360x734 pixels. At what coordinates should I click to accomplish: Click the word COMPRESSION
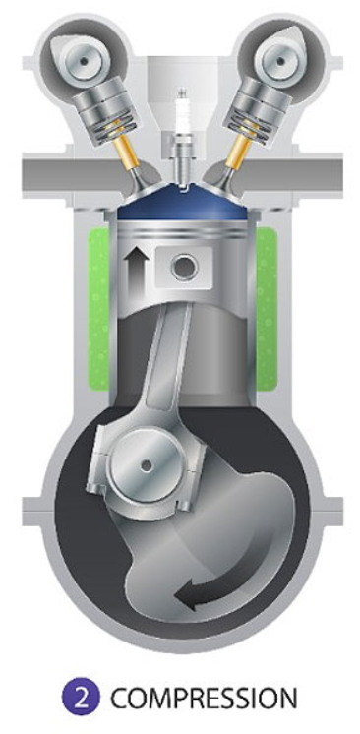click(204, 698)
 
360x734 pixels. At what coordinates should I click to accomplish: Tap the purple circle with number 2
click(81, 698)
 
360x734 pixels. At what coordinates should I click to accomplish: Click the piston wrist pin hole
click(184, 268)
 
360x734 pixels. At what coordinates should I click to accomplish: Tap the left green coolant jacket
click(99, 309)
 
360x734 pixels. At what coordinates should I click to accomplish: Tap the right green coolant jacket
click(266, 309)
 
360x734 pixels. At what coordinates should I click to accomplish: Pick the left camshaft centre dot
click(85, 61)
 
